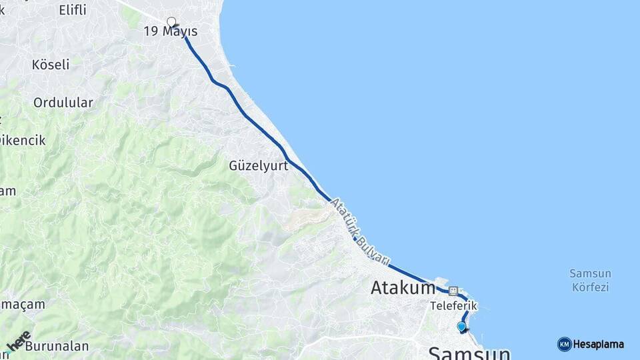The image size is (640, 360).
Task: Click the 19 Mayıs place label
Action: coord(171,32)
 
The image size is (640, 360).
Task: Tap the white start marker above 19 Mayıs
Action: coord(171,21)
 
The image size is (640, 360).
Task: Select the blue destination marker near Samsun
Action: coord(461,326)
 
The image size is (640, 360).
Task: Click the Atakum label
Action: coord(403,288)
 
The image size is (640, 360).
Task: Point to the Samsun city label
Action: coord(469,353)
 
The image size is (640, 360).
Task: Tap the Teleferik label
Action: coord(454,305)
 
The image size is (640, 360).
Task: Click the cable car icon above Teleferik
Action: coord(453,291)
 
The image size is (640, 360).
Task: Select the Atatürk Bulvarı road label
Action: coord(360,230)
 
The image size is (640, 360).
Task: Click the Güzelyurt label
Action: coord(259,166)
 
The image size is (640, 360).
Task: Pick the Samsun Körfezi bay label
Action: coord(591,281)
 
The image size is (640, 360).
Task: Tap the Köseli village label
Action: coord(51,65)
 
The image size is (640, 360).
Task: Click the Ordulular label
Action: coord(63,103)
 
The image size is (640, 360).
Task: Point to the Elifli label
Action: coord(73,10)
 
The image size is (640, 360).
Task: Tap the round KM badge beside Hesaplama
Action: coord(564,345)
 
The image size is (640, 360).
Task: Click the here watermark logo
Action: coord(19,341)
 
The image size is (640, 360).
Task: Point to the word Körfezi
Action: coord(591,287)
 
